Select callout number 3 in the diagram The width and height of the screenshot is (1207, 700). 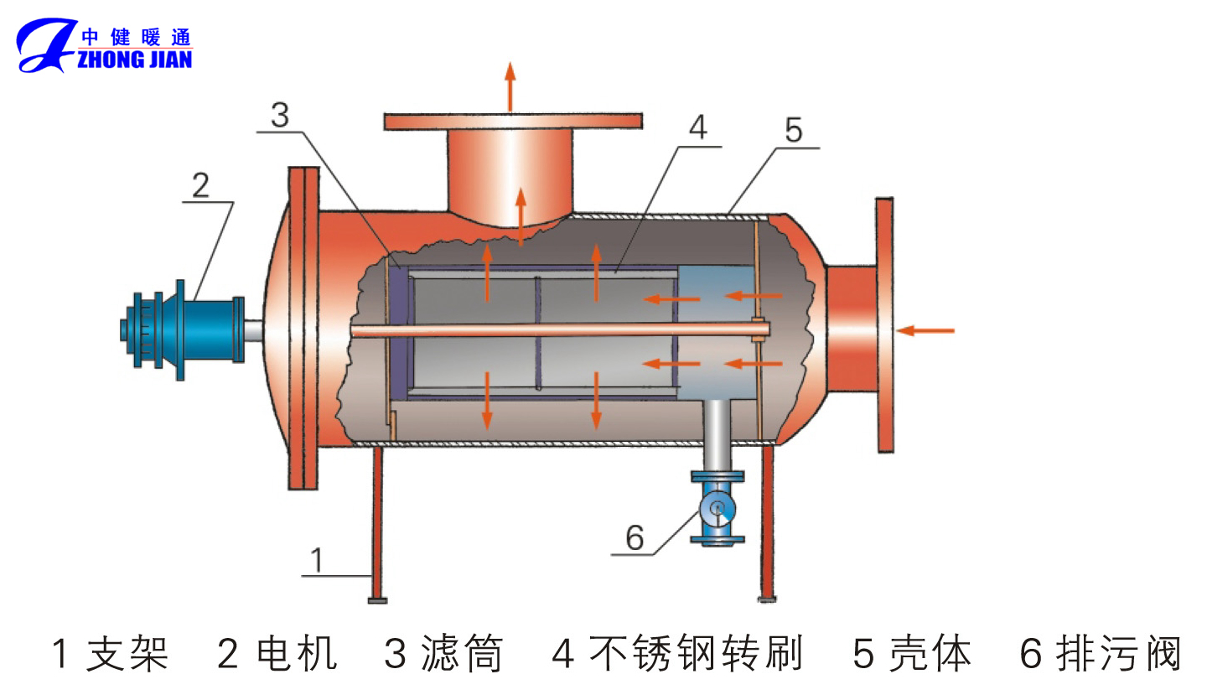[x=280, y=116]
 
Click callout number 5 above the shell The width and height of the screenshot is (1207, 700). [x=793, y=130]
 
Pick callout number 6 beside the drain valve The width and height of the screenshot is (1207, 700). [x=635, y=537]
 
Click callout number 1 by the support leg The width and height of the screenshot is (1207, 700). [x=316, y=560]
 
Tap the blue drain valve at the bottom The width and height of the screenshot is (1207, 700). [x=717, y=509]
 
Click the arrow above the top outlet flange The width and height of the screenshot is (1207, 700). [x=510, y=85]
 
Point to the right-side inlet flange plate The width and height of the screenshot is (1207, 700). [x=884, y=323]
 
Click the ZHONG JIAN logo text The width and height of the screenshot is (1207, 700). [x=134, y=59]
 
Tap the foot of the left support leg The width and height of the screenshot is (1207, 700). [x=377, y=599]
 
